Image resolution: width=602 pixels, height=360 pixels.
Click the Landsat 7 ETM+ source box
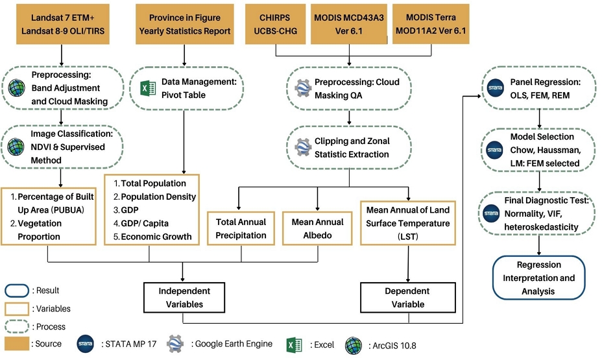coord(60,24)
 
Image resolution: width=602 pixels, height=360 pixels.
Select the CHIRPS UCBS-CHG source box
coord(275,24)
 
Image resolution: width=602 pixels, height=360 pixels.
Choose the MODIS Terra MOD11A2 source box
coord(430,24)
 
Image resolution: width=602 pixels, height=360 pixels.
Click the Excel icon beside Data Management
coord(147,89)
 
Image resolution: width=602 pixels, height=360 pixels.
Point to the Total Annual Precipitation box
coord(241,228)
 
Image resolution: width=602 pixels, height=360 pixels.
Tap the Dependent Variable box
coord(408,298)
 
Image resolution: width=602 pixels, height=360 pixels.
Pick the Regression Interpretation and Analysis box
coord(538,278)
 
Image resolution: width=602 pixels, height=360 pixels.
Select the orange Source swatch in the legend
coord(17,343)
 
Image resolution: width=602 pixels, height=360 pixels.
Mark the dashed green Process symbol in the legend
coord(17,326)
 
